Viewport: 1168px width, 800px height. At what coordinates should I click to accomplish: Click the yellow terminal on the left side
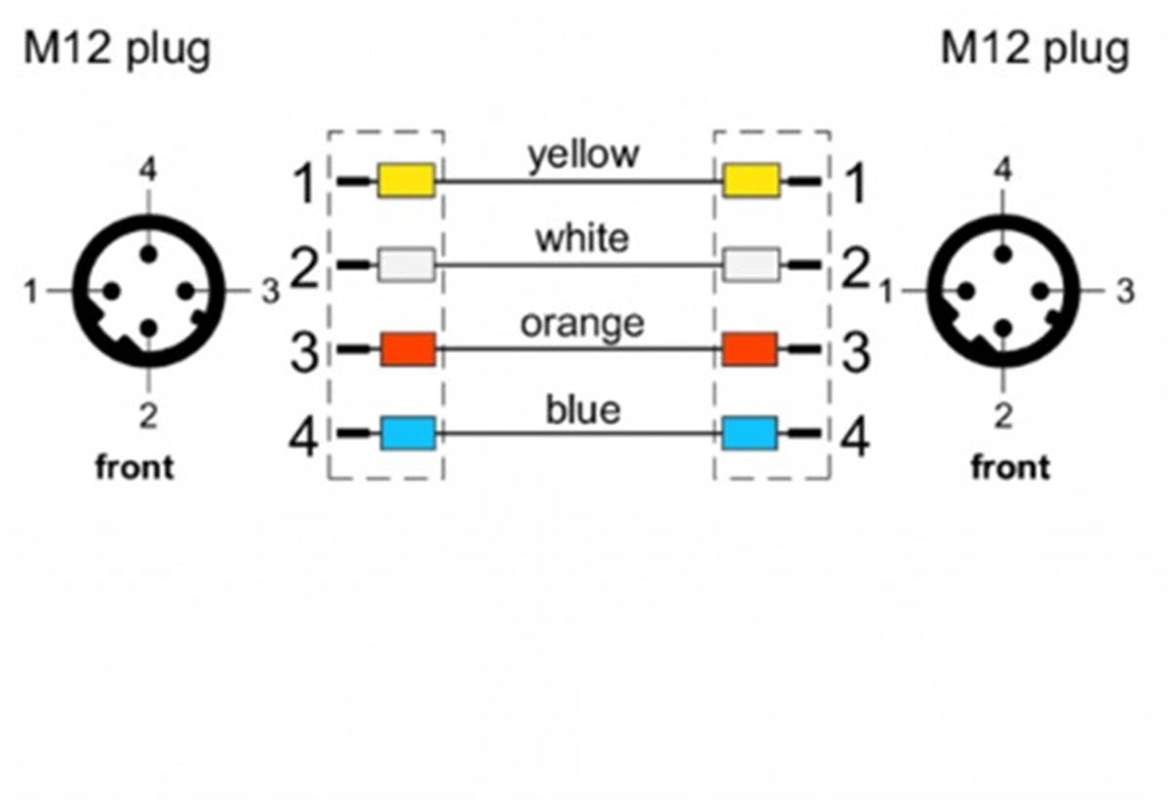tap(407, 180)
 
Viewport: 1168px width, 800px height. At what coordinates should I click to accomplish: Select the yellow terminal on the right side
tap(751, 180)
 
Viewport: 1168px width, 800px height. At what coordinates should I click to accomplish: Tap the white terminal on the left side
tap(407, 264)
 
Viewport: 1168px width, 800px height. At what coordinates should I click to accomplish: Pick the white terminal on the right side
tap(751, 264)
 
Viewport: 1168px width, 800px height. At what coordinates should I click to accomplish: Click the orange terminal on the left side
tap(408, 348)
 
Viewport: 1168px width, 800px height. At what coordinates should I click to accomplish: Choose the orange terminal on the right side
tap(750, 348)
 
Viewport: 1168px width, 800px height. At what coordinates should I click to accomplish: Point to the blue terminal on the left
tap(408, 432)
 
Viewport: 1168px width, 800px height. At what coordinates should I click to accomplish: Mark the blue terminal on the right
tap(750, 432)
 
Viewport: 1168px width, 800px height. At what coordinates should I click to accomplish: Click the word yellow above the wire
tap(583, 154)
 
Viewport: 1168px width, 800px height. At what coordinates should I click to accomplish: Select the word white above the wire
tap(582, 238)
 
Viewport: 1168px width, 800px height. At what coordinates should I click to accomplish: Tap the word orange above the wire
tap(582, 323)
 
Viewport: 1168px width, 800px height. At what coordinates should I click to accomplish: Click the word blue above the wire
tap(582, 408)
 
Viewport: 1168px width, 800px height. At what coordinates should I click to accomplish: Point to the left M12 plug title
tap(116, 49)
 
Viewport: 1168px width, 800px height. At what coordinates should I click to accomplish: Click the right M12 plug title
tap(1034, 49)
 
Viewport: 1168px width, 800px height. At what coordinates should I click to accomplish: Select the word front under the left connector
tap(135, 467)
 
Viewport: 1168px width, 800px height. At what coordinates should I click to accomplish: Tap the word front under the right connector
tap(1011, 467)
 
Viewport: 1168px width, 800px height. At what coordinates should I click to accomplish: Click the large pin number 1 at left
tap(305, 182)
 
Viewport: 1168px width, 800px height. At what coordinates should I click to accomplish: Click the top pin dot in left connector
tap(147, 254)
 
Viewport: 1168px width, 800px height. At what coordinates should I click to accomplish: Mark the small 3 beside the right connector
tap(1126, 291)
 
